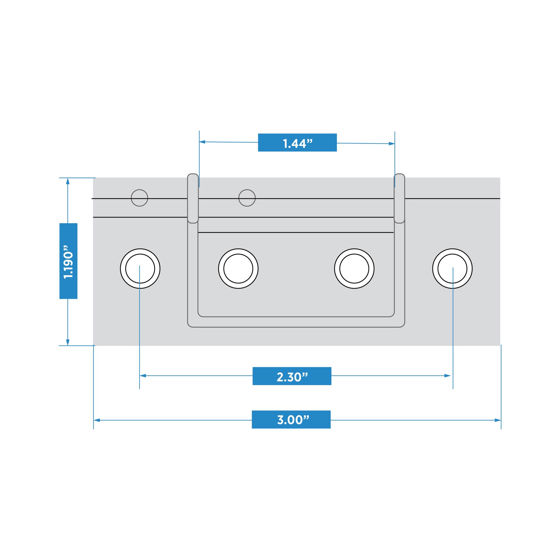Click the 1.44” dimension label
tap(297, 143)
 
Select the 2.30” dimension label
tap(292, 376)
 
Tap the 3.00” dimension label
tap(291, 419)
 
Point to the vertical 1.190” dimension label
tap(68, 261)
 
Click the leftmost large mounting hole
tap(140, 268)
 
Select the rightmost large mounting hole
tap(452, 268)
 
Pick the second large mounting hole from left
tap(238, 268)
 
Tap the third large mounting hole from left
tap(354, 268)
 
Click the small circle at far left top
tap(139, 198)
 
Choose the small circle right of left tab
tap(247, 198)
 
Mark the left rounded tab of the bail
tap(193, 198)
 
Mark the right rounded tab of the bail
tap(399, 198)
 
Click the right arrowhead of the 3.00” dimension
tap(497, 420)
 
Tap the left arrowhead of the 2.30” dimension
tap(143, 376)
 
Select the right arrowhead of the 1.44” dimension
tap(391, 143)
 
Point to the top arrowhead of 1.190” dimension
tap(68, 181)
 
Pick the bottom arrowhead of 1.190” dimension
tap(68, 342)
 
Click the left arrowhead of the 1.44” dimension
tap(202, 142)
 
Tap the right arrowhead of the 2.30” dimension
tap(447, 376)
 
